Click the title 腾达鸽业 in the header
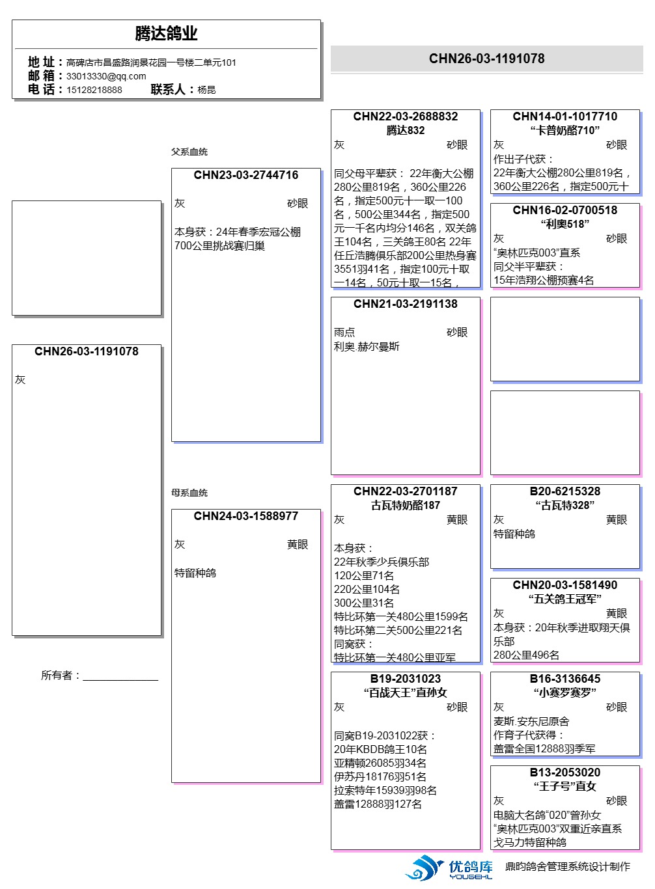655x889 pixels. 166,33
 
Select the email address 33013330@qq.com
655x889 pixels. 106,76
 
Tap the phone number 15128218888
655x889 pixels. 94,90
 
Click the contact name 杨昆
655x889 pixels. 206,90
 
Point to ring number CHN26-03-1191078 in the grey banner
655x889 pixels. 486,59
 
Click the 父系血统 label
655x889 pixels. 189,152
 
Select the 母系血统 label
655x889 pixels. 189,493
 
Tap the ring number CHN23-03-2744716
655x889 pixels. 245,175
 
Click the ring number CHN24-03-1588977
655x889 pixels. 245,516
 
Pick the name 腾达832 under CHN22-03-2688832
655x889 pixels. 405,130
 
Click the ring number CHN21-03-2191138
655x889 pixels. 405,304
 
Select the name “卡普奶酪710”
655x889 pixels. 564,130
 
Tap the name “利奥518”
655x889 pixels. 564,224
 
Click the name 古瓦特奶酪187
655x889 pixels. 405,505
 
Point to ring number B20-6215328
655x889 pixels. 564,491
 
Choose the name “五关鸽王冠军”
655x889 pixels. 564,599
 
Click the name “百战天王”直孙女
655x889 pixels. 405,692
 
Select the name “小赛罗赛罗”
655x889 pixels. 564,692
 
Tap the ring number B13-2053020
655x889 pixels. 564,773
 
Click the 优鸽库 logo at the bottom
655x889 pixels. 449,868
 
